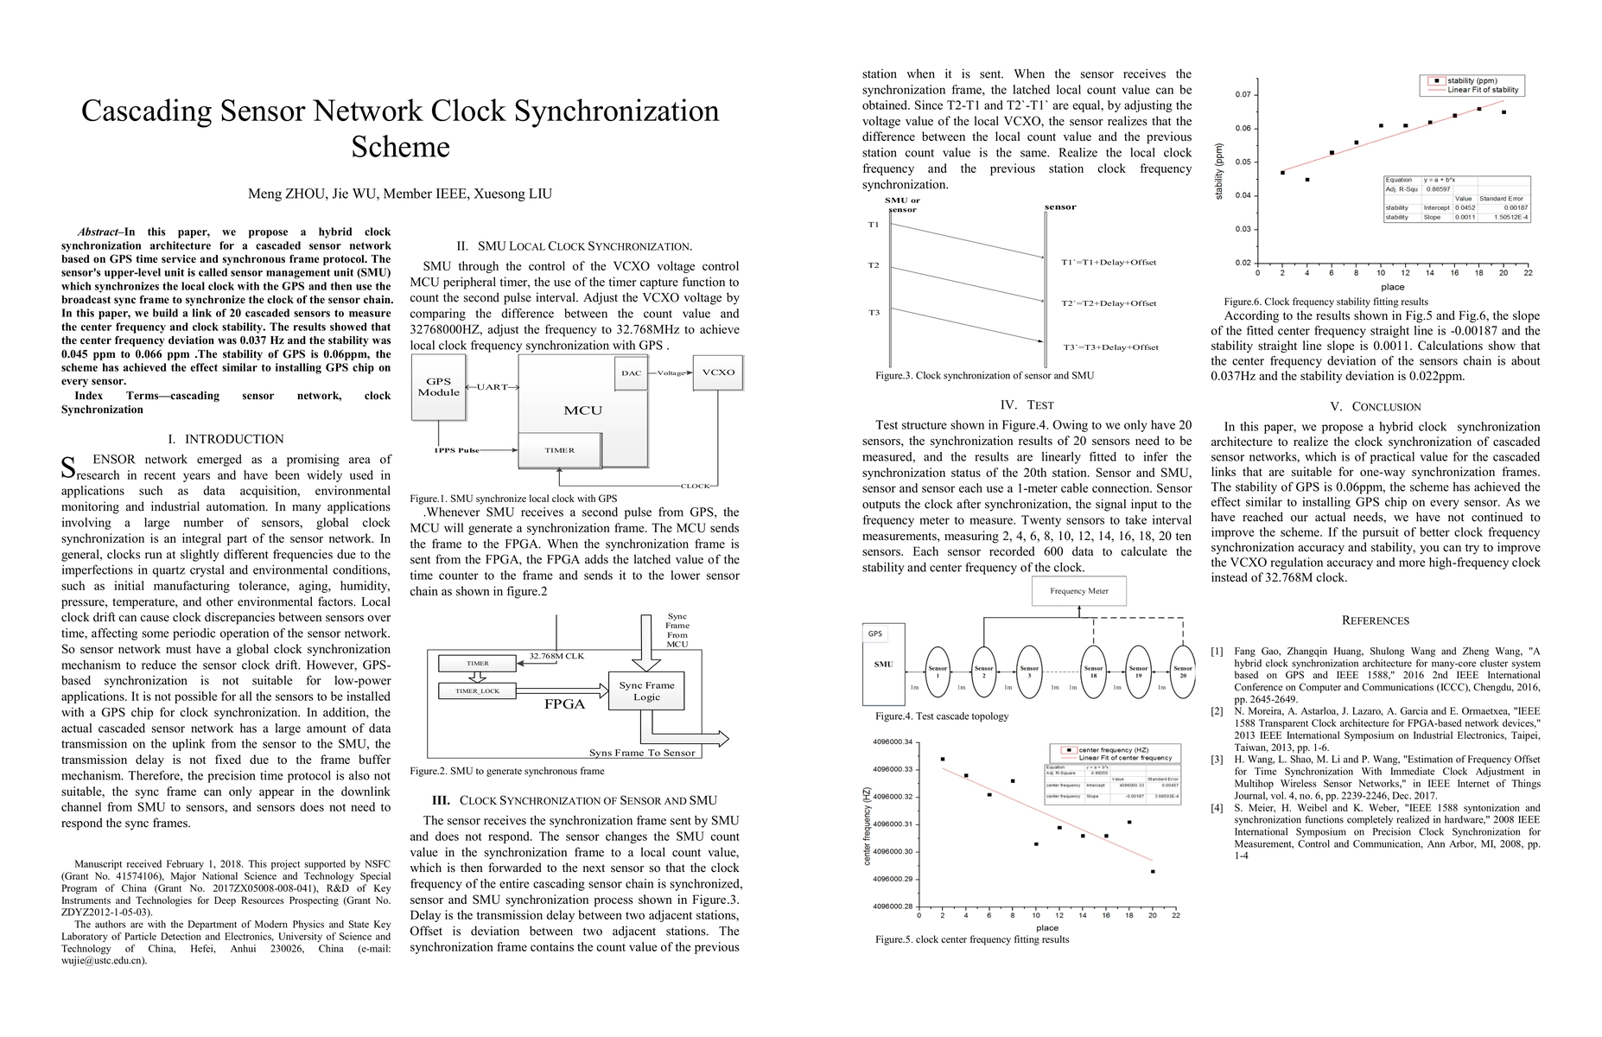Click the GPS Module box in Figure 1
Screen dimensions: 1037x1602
pyautogui.click(x=438, y=387)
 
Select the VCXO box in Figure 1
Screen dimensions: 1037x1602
pyautogui.click(x=717, y=372)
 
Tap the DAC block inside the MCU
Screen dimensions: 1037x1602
pyautogui.click(x=631, y=373)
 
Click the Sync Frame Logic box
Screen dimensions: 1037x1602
pyautogui.click(x=646, y=690)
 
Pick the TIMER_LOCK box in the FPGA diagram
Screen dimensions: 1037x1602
pyautogui.click(x=478, y=690)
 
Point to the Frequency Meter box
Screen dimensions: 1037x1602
pyautogui.click(x=1078, y=591)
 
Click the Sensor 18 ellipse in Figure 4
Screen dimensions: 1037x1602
pyautogui.click(x=1093, y=671)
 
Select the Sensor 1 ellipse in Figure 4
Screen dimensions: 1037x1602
pyautogui.click(x=938, y=671)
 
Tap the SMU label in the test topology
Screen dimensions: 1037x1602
pyautogui.click(x=883, y=665)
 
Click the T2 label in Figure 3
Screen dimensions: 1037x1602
pyautogui.click(x=874, y=265)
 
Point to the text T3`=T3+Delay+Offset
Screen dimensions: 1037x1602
pyautogui.click(x=1110, y=347)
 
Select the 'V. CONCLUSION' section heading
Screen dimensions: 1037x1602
pyautogui.click(x=1375, y=407)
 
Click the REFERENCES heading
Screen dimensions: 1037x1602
pyautogui.click(x=1375, y=620)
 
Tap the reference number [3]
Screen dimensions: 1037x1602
pyautogui.click(x=1217, y=760)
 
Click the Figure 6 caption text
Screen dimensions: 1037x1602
pyautogui.click(x=1325, y=302)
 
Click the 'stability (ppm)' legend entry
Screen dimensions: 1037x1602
pyautogui.click(x=1472, y=80)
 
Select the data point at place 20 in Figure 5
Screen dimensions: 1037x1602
pyautogui.click(x=1153, y=871)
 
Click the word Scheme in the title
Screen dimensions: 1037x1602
pyautogui.click(x=400, y=147)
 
